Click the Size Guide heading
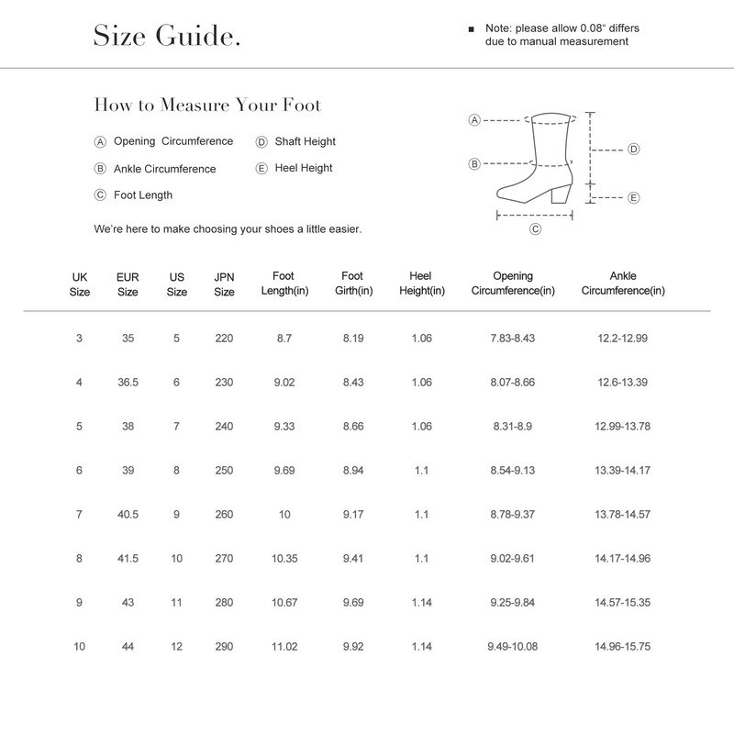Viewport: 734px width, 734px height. coord(167,37)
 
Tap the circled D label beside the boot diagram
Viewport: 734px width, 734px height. coord(633,149)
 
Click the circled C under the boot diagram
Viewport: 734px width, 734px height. coord(535,230)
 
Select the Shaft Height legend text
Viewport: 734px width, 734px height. coord(305,141)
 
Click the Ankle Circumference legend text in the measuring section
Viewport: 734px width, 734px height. coord(164,169)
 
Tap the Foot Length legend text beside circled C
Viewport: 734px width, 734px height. coord(142,195)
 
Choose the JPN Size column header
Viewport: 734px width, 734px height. coord(224,284)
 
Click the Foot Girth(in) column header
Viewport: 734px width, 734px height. coord(351,284)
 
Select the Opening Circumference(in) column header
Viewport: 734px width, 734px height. coord(512,284)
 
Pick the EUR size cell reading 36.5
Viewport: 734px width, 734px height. coord(128,383)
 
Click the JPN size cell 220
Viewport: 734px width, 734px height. coord(224,339)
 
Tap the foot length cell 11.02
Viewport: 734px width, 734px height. coord(284,647)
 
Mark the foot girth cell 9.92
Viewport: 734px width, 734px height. coord(352,647)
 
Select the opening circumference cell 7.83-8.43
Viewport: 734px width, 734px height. coord(512,339)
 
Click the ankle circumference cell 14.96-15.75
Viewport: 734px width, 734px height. coord(622,647)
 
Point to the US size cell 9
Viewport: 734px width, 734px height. coord(176,515)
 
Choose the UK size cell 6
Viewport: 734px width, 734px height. coord(80,471)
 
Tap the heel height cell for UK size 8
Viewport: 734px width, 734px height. coord(421,559)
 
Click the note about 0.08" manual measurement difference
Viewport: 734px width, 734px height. coord(561,35)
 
